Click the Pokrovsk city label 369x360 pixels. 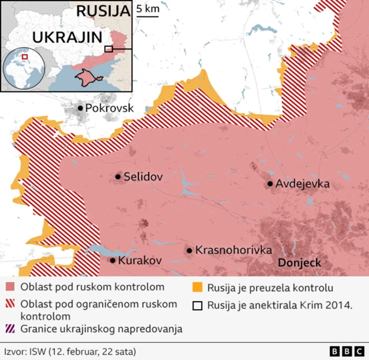point(109,108)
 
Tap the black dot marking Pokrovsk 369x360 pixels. point(80,108)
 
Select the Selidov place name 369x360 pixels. point(142,177)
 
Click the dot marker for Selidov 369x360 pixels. point(118,177)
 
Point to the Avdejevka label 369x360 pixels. point(303,184)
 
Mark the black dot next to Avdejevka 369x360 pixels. point(270,184)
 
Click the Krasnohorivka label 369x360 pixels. point(234,250)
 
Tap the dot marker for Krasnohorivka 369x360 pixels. point(189,250)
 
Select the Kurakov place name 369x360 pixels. point(140,261)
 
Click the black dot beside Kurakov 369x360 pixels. point(112,261)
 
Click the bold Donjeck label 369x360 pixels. point(299,263)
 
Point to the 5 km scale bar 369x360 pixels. point(148,16)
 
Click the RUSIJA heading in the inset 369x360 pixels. point(103,11)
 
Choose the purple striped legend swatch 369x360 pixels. point(10,329)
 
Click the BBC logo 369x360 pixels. point(347,351)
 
